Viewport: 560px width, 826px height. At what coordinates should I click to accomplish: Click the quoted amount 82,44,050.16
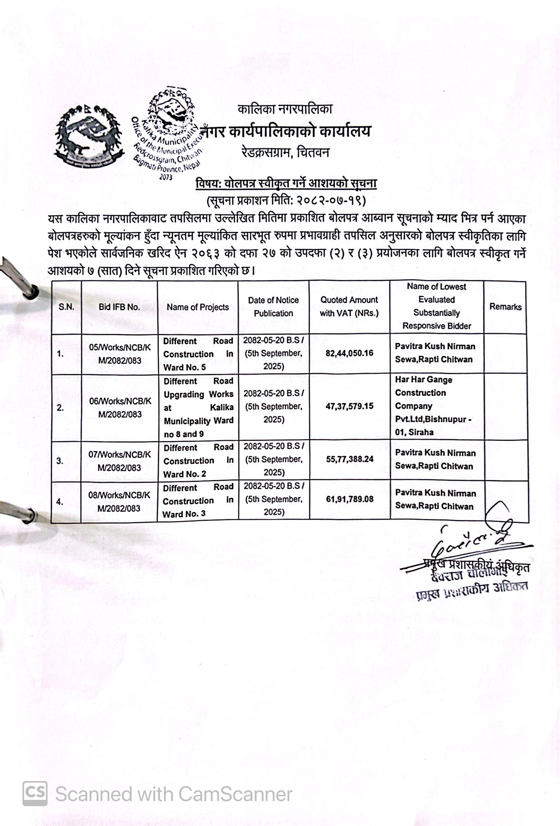click(349, 353)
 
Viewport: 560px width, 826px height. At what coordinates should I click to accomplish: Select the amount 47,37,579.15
click(349, 406)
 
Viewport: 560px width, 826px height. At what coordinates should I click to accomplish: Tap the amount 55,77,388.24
click(349, 459)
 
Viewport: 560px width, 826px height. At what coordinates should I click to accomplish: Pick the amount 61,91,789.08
click(349, 499)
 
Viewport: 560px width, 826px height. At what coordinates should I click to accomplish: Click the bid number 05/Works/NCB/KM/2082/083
click(120, 354)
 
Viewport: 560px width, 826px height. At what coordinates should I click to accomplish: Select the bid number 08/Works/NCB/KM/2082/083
click(119, 501)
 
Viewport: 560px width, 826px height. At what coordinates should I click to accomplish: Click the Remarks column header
click(505, 307)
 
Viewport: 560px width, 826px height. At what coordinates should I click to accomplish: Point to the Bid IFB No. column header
click(119, 307)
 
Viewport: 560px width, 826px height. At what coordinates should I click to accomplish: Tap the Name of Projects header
click(198, 307)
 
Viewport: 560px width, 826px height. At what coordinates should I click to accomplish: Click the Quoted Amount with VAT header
click(349, 307)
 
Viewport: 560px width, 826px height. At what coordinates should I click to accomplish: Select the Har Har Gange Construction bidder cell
click(433, 406)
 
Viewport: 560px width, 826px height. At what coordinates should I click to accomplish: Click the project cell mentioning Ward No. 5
click(198, 354)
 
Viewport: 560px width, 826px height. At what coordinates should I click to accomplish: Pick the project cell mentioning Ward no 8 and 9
click(198, 407)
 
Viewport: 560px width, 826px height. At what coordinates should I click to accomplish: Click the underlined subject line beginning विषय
click(286, 184)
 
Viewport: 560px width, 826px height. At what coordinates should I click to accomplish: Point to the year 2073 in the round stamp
click(165, 177)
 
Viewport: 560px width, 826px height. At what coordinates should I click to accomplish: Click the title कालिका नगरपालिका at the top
click(285, 109)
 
